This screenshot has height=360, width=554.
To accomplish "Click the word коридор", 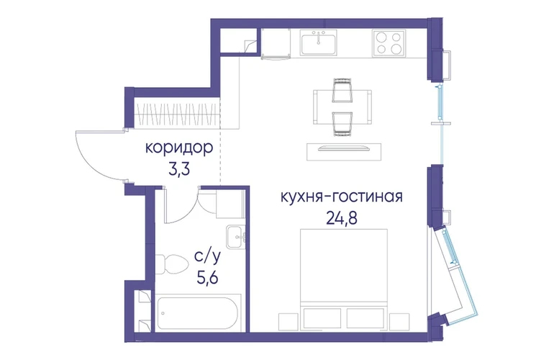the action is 179,148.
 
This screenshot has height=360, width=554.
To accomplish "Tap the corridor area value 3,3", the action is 179,169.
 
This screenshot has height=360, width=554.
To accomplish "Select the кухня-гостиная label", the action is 342,197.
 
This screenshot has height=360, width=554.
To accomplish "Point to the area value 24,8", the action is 342,219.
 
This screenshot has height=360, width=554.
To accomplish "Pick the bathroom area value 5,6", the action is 207,279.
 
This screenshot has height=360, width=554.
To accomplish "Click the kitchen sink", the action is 318,42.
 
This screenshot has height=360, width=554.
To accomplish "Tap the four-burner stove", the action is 389,42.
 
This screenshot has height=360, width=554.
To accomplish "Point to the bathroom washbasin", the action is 236,237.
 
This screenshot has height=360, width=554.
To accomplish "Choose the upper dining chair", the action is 342,89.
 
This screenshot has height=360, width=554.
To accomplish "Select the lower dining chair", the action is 342,124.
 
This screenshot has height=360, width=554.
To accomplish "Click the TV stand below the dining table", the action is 344,152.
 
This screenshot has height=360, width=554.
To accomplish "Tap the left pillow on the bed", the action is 322,318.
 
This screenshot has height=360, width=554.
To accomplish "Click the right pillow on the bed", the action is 365,318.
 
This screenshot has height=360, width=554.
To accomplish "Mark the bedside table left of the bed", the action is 289,322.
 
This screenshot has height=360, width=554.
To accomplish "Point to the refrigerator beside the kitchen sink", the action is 276,44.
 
